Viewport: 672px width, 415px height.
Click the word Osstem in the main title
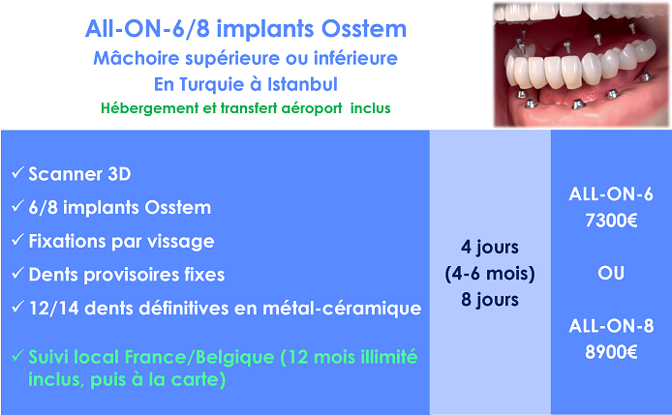click(x=363, y=29)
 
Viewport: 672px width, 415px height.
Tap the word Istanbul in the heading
click(x=302, y=84)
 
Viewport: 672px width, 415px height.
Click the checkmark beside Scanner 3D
click(x=17, y=172)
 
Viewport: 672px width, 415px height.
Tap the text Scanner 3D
click(x=79, y=174)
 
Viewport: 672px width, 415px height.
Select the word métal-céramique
click(x=342, y=309)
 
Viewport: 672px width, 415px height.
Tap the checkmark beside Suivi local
click(x=17, y=355)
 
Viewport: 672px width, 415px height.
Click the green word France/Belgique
click(x=199, y=357)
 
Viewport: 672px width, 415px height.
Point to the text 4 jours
click(x=490, y=248)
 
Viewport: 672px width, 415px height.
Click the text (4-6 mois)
click(x=490, y=274)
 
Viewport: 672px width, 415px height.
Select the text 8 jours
click(x=490, y=300)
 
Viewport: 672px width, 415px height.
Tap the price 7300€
click(x=611, y=221)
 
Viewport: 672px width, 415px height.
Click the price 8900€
click(x=611, y=352)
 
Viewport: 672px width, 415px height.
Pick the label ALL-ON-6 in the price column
click(x=611, y=194)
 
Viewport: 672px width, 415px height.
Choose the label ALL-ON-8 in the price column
click(x=611, y=326)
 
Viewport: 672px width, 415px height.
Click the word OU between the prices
click(x=611, y=273)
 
